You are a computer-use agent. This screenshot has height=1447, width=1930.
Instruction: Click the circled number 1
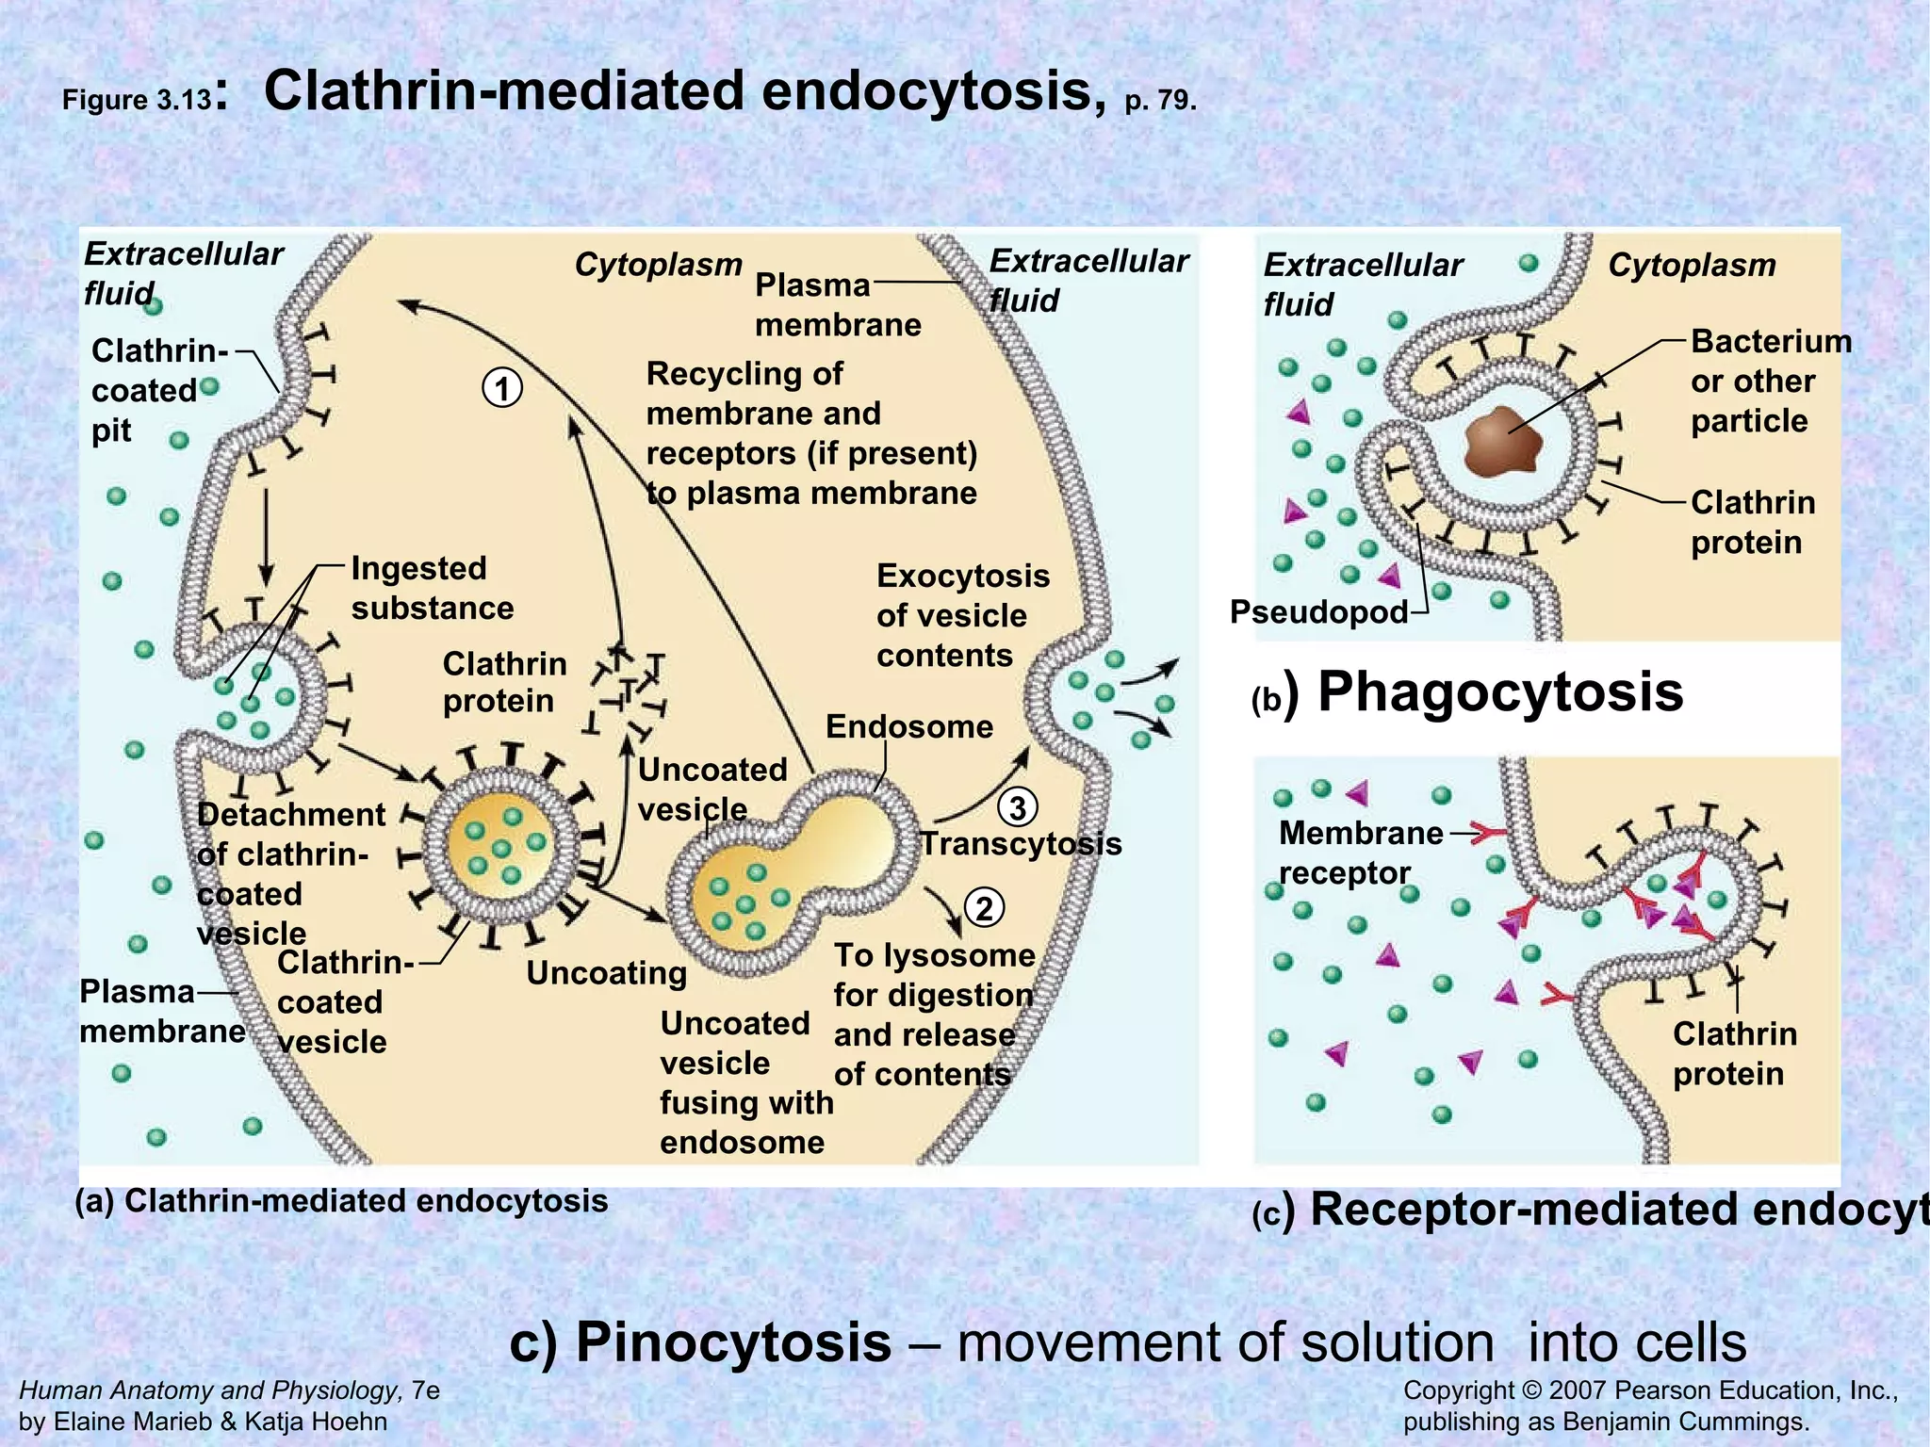tap(501, 388)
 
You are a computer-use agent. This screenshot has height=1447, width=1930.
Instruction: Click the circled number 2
tap(985, 908)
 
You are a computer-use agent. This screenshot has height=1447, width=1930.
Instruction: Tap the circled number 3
tap(1018, 807)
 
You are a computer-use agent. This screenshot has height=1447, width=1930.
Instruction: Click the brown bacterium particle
tap(1503, 441)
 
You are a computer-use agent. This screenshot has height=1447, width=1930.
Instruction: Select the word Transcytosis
tap(1021, 843)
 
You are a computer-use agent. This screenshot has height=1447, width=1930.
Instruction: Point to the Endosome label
tap(908, 726)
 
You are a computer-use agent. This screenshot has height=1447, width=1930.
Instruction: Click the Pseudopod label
tap(1317, 612)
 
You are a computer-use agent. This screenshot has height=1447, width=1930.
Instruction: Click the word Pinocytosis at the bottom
tap(733, 1341)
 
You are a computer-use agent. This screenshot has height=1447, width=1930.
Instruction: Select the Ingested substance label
tap(432, 588)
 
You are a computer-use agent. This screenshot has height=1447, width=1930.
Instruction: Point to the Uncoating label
tap(606, 972)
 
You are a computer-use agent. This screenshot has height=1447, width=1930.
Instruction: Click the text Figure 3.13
tap(138, 100)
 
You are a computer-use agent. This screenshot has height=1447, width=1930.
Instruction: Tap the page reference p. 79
tap(1160, 100)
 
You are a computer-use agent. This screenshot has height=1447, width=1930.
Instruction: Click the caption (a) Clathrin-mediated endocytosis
tap(341, 1201)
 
